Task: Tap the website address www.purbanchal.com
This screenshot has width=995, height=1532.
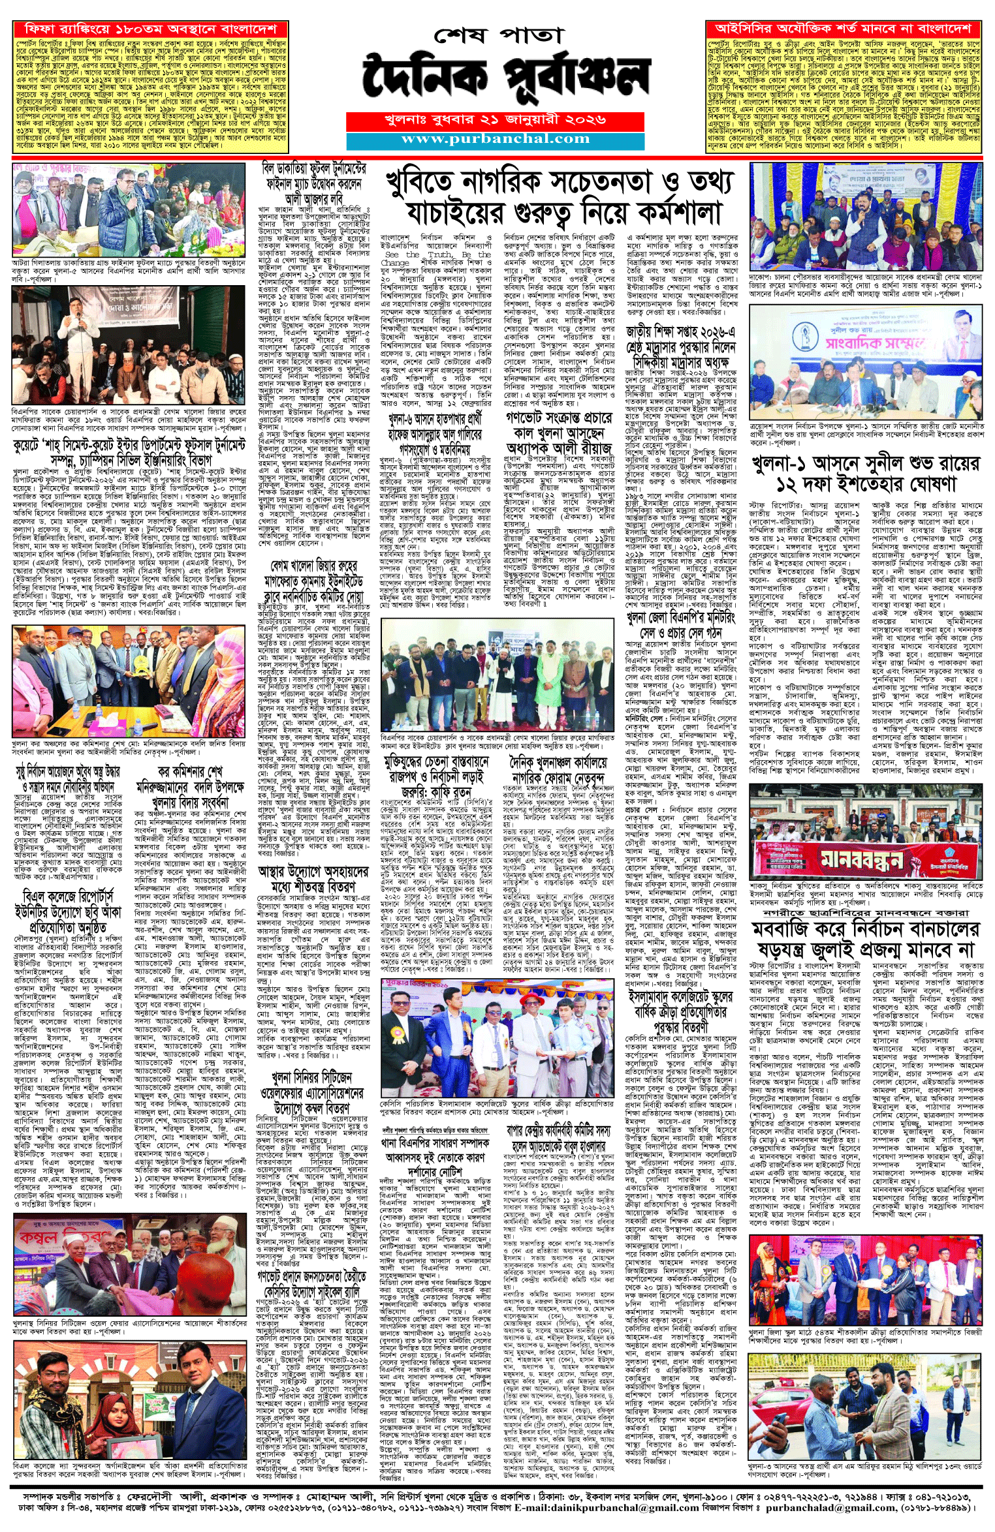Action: (496, 139)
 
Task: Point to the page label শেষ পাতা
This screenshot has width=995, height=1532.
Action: (497, 36)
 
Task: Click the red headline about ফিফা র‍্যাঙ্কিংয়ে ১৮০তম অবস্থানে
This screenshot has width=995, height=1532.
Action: (150, 30)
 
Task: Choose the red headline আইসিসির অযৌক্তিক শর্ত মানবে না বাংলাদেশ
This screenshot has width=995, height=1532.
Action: (843, 29)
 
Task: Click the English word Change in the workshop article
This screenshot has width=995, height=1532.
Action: (395, 262)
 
